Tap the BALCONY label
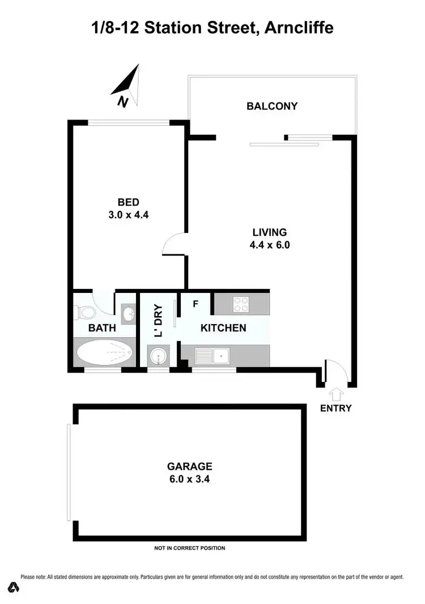(x=272, y=106)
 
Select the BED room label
(x=128, y=202)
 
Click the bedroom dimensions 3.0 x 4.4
(x=128, y=215)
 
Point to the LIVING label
(x=270, y=232)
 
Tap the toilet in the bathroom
(x=83, y=311)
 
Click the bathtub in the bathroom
(x=105, y=352)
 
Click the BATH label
(x=102, y=327)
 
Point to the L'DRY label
(x=158, y=321)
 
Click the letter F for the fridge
(x=195, y=304)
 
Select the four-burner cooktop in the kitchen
(x=241, y=304)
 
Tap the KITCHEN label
(x=223, y=328)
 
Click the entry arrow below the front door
(x=336, y=393)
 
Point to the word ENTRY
(x=336, y=408)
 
